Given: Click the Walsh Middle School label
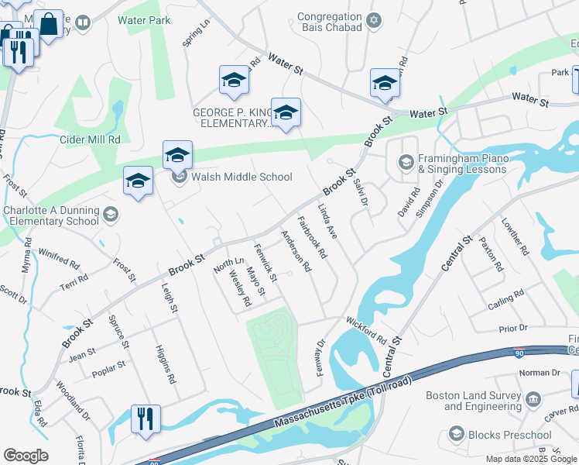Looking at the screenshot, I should [242, 177].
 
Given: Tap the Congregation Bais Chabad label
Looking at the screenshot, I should [330, 22].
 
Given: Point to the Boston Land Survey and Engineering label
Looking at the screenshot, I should [475, 401].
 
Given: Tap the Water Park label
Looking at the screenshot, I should [144, 21].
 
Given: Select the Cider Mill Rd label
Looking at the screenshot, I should [91, 140].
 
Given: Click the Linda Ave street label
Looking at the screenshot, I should [327, 221].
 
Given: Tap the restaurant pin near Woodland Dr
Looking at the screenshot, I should [146, 418].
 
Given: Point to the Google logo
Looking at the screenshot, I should [26, 456].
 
